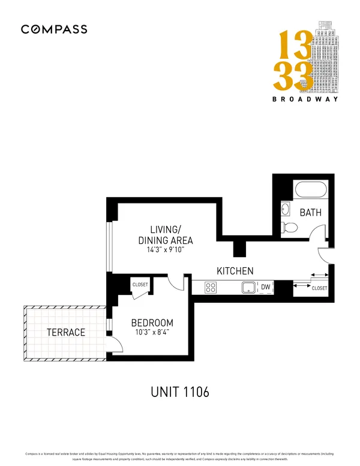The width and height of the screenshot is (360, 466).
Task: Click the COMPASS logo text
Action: tap(54, 29)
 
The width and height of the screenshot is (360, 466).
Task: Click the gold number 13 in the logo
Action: tap(293, 47)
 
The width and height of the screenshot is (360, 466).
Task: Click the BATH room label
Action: tap(311, 213)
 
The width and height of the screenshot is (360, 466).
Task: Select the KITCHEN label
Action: tap(235, 271)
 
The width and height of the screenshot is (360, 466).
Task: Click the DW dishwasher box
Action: tap(265, 288)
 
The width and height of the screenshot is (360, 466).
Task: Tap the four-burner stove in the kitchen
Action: tap(211, 288)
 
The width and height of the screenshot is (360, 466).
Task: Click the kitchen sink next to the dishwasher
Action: tap(248, 288)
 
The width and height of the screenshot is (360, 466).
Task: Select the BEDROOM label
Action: tap(152, 322)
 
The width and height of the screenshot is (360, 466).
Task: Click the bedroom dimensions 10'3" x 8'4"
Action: tap(152, 333)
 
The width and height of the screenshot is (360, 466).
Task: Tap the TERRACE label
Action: tap(66, 332)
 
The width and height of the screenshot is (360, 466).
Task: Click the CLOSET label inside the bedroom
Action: tap(140, 285)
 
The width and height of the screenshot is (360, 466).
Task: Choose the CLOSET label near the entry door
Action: tap(320, 288)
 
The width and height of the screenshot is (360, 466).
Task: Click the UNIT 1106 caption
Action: tap(179, 392)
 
